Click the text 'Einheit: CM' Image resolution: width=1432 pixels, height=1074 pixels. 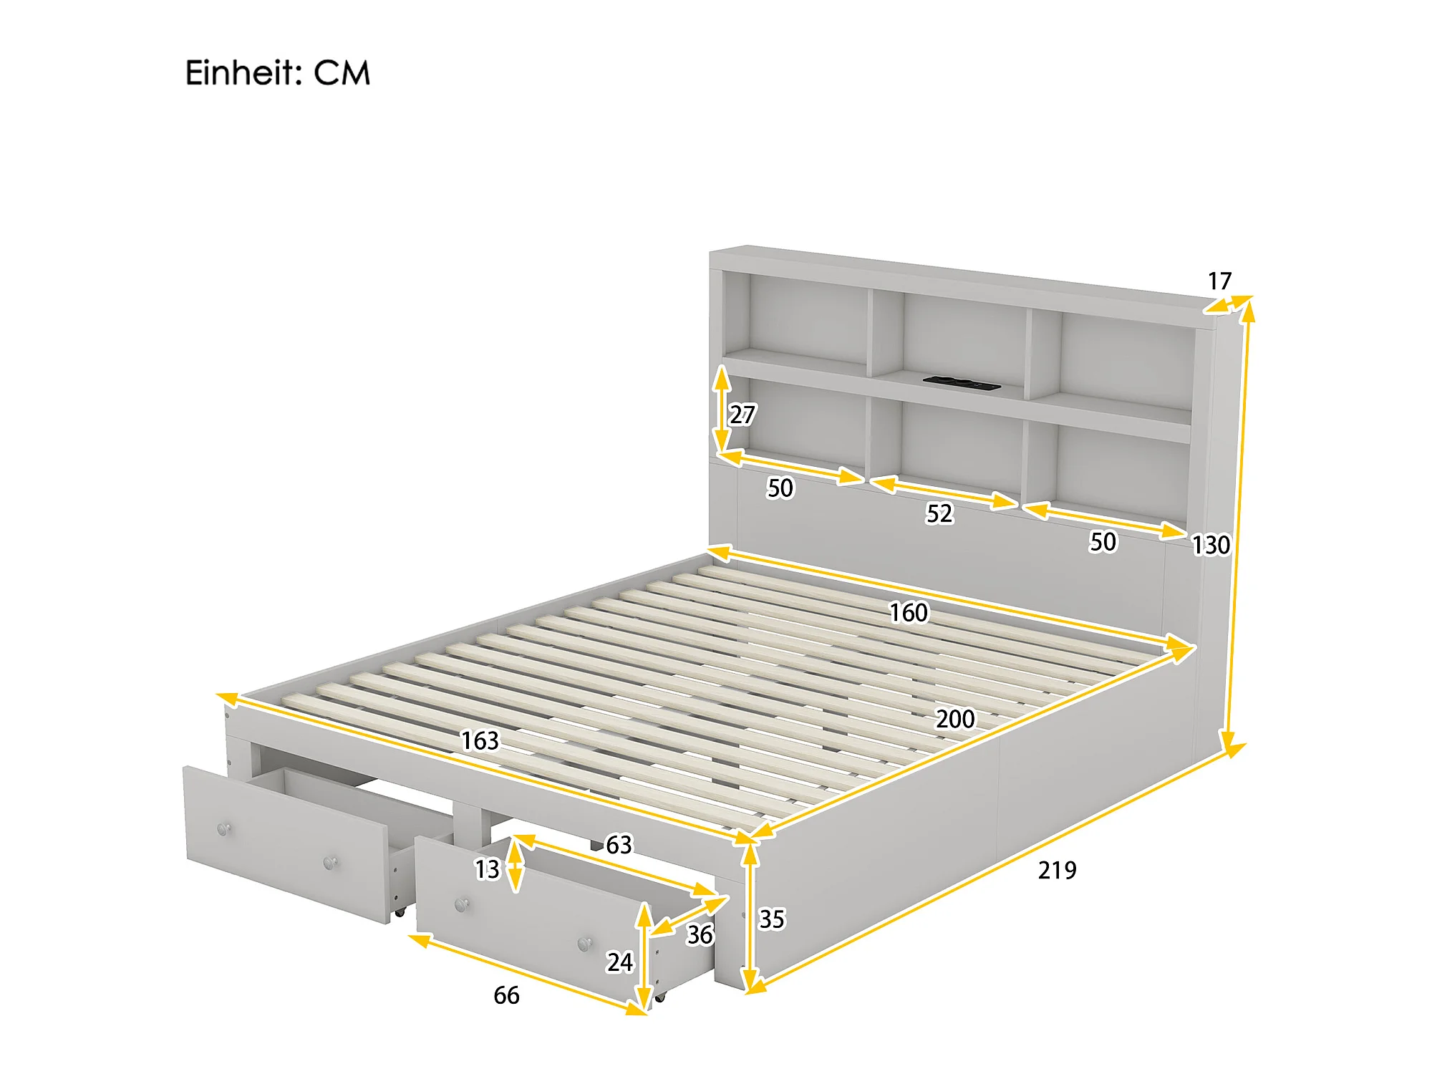[x=278, y=73]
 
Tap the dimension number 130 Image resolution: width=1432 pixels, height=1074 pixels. [x=1211, y=546]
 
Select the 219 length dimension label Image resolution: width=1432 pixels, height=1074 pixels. [x=1057, y=870]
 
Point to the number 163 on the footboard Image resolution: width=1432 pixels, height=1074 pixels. [x=480, y=740]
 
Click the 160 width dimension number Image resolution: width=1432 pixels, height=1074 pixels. [x=909, y=612]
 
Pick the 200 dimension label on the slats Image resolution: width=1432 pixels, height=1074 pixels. [x=955, y=718]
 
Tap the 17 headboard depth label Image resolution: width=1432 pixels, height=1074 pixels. [x=1219, y=281]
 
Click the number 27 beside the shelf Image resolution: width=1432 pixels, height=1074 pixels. [x=742, y=415]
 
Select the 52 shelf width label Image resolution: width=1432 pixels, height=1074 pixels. [x=939, y=513]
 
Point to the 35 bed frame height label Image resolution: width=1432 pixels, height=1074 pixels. [x=772, y=919]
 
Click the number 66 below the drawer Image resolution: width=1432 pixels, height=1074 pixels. [x=506, y=995]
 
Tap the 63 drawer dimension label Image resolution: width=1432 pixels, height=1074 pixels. [x=619, y=845]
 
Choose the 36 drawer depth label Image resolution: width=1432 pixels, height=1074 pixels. [x=700, y=934]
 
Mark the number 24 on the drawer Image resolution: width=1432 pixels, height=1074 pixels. [x=620, y=962]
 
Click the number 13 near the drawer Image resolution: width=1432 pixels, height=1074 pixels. [x=487, y=869]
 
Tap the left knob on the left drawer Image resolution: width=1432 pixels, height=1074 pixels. [x=223, y=829]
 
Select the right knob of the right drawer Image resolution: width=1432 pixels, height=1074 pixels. [x=585, y=944]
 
